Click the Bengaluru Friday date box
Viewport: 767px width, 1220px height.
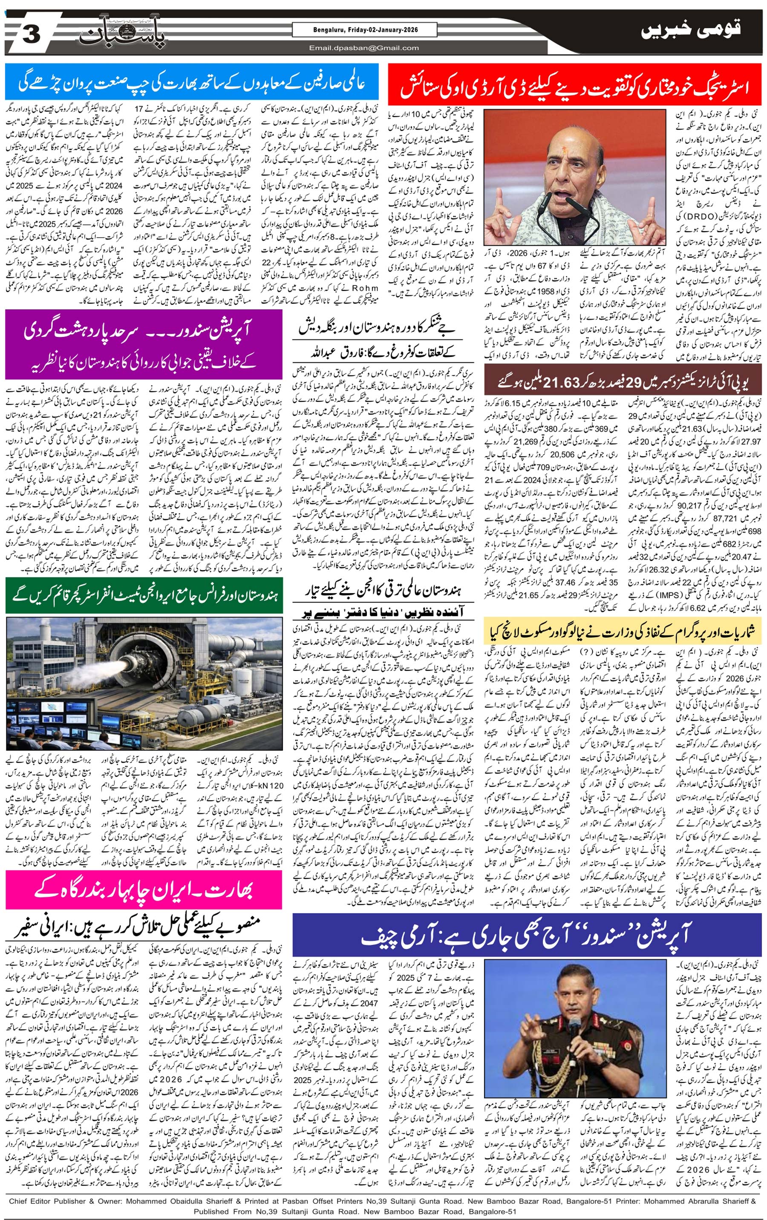(364, 30)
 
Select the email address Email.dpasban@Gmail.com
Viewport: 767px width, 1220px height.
(364, 48)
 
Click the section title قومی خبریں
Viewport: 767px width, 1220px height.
(690, 30)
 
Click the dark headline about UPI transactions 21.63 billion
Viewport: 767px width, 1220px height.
(623, 381)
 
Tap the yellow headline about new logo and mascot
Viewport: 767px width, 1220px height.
(623, 632)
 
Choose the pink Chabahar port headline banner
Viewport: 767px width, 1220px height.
(144, 890)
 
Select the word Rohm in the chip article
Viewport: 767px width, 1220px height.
(365, 288)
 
